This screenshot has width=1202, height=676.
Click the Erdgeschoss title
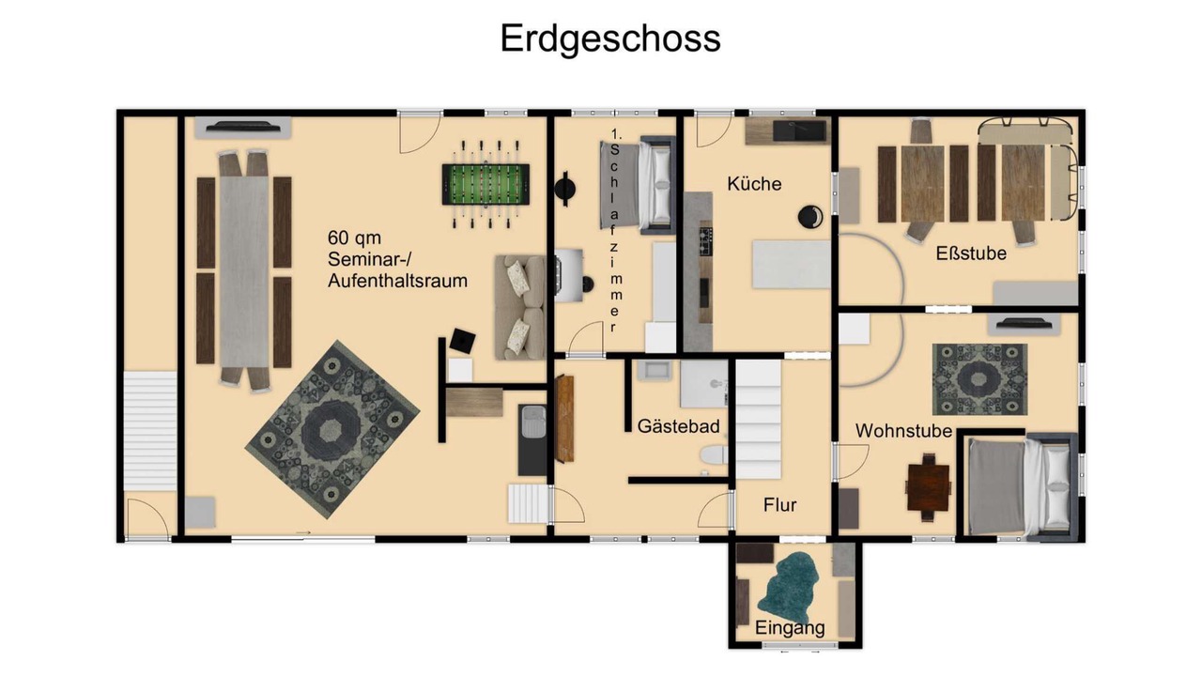click(610, 39)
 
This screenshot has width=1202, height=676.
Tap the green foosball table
click(485, 185)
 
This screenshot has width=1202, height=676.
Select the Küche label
click(754, 184)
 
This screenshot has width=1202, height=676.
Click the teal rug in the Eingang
click(788, 590)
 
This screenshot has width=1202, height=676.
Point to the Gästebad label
click(678, 426)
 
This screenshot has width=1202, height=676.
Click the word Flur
click(779, 505)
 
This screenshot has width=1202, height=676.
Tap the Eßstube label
click(971, 253)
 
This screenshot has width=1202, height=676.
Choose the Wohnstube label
click(903, 431)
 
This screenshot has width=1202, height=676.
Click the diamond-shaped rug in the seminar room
click(332, 429)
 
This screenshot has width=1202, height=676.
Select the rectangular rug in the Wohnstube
click(979, 379)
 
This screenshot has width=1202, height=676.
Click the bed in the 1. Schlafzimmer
click(638, 186)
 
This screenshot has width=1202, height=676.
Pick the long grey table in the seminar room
click(244, 269)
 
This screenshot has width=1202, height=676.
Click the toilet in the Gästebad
click(714, 455)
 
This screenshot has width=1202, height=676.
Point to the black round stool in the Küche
click(810, 217)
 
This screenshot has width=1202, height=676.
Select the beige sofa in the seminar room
click(519, 307)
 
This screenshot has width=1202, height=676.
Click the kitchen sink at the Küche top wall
click(803, 131)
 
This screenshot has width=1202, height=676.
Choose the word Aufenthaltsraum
click(397, 281)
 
